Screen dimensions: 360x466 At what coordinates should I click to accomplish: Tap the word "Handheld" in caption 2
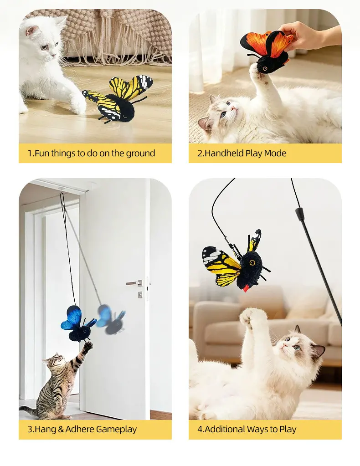224,153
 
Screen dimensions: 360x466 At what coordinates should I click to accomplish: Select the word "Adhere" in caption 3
80,429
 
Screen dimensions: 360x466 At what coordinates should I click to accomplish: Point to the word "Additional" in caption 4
225,429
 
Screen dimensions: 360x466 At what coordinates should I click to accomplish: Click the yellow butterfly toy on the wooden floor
118,98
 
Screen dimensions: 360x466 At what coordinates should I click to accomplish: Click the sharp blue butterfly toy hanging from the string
78,324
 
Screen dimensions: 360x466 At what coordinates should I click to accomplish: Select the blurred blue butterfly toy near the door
112,320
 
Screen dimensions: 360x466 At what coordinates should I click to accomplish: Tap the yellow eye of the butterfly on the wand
252,263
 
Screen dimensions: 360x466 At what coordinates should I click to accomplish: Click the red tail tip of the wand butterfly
246,289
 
